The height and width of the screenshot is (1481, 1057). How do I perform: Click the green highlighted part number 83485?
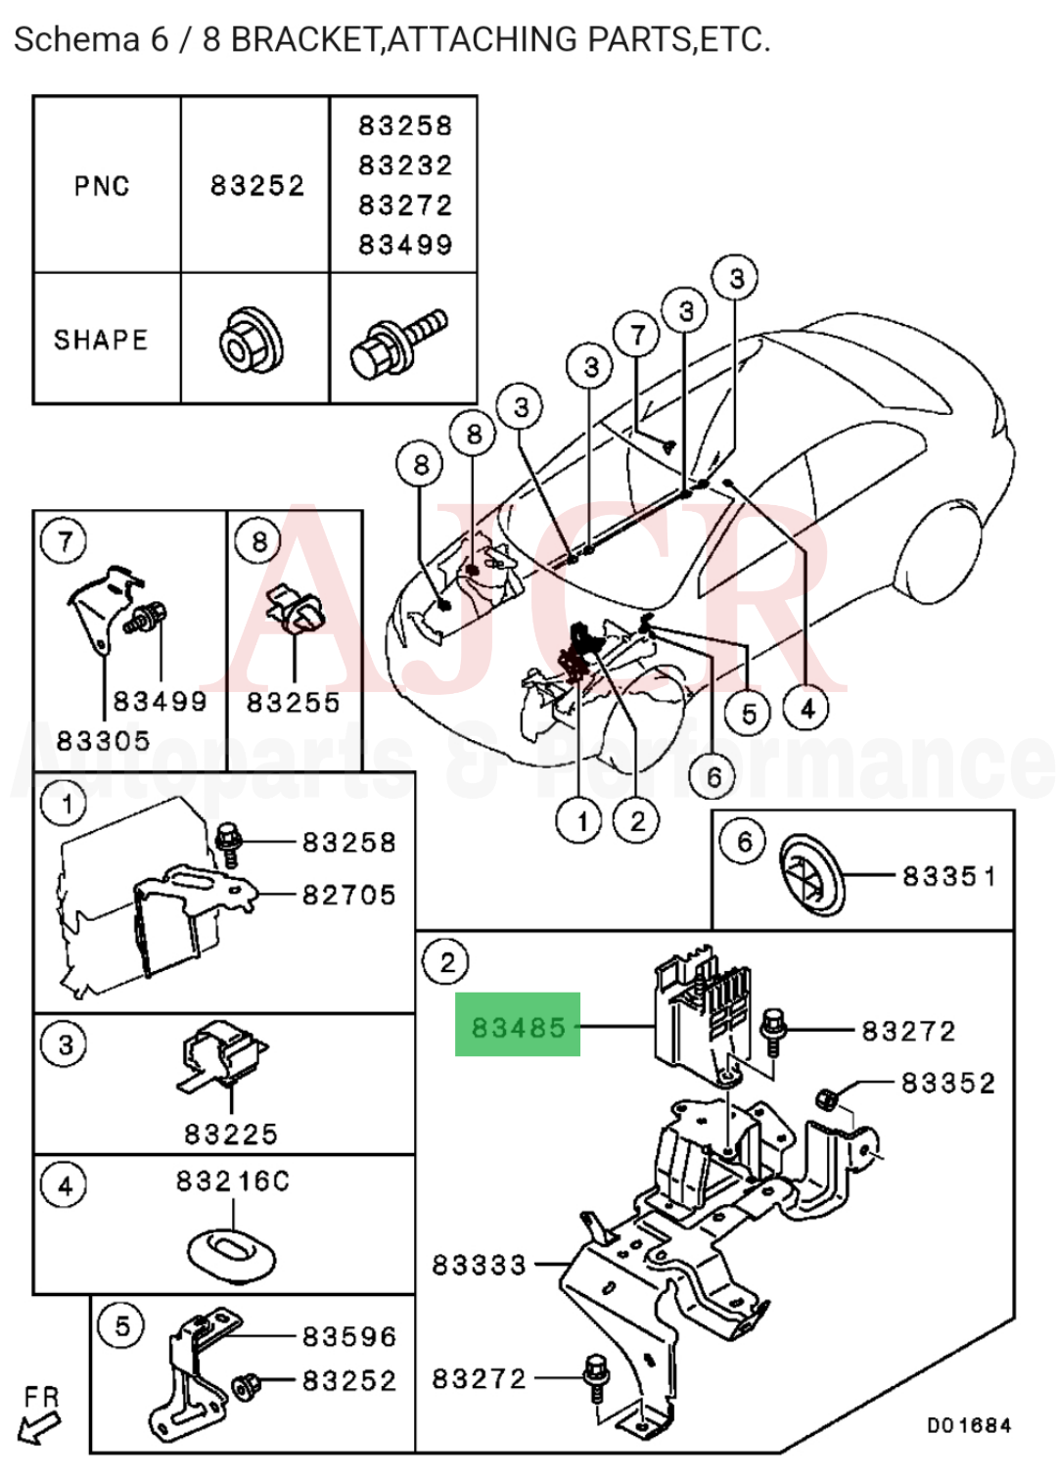(x=518, y=1026)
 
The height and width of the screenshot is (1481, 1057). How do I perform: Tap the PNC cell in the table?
(x=102, y=186)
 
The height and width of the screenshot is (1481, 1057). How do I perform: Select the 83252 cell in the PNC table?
(x=256, y=186)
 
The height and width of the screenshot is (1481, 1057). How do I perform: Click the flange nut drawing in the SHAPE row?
(x=252, y=341)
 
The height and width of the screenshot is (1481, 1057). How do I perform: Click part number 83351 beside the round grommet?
(x=948, y=875)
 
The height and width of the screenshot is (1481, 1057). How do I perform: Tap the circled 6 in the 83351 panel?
(x=745, y=842)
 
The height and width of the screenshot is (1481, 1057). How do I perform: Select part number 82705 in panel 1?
(x=348, y=895)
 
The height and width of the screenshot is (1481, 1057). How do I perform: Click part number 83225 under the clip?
(x=231, y=1134)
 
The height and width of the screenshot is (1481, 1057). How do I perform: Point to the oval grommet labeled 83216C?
(x=231, y=1252)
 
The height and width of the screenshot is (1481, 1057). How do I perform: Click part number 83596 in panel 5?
(x=348, y=1336)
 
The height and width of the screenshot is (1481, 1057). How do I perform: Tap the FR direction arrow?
(x=40, y=1417)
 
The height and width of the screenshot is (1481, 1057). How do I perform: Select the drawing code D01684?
(x=968, y=1425)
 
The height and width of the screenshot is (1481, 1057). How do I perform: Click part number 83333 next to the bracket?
(x=479, y=1265)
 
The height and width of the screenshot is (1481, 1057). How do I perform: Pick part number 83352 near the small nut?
(x=947, y=1083)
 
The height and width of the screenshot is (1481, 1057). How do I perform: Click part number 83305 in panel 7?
(x=104, y=741)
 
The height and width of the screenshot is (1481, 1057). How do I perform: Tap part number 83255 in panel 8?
(x=293, y=702)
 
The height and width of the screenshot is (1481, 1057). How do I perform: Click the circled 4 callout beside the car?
(x=807, y=708)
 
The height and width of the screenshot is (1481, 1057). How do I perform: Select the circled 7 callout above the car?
(x=637, y=335)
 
